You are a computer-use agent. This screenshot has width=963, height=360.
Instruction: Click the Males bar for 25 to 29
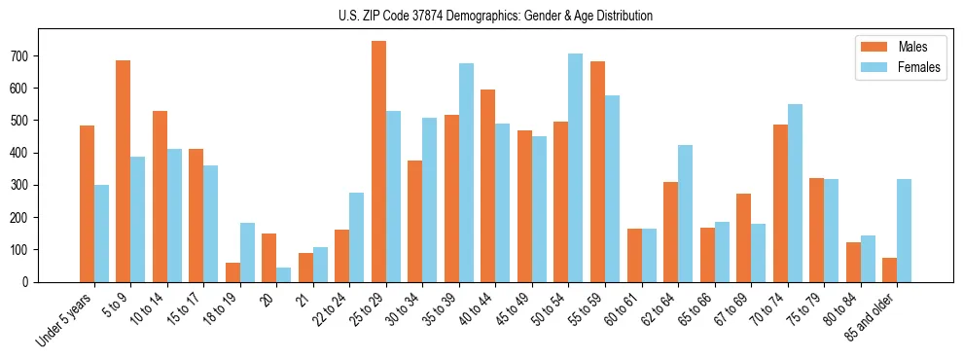[378, 162]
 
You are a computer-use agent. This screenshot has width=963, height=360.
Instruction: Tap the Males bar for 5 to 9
[124, 171]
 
